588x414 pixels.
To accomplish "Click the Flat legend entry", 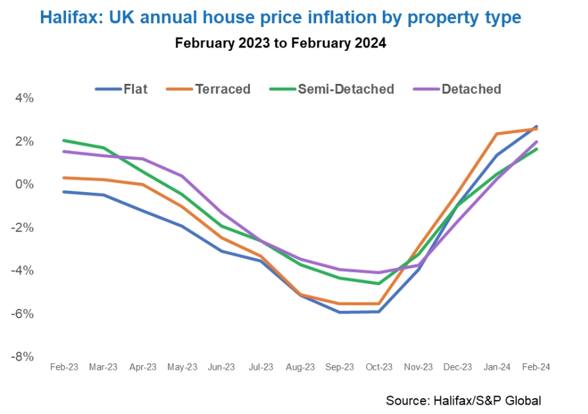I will tap(121, 89).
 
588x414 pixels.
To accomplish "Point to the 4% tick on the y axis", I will tap(24, 98).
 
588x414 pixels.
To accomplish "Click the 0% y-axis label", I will tap(24, 184).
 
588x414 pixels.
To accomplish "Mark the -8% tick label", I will tap(23, 357).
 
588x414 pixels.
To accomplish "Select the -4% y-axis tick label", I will tap(23, 271).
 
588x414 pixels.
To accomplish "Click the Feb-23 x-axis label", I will tap(64, 367).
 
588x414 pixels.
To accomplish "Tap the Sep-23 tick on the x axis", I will tap(340, 367).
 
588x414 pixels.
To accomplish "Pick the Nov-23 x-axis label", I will tap(418, 367).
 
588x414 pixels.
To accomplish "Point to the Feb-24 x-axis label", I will tap(537, 367).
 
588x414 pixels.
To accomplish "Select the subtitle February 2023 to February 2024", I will tap(280, 44).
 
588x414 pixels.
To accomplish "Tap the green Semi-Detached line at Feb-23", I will tap(64, 141).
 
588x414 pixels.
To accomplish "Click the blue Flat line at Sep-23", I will tap(340, 312).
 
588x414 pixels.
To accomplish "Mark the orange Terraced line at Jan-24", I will tap(497, 134).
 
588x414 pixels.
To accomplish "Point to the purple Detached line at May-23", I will tap(182, 176).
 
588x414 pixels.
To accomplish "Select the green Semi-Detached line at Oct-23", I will tap(379, 283).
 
